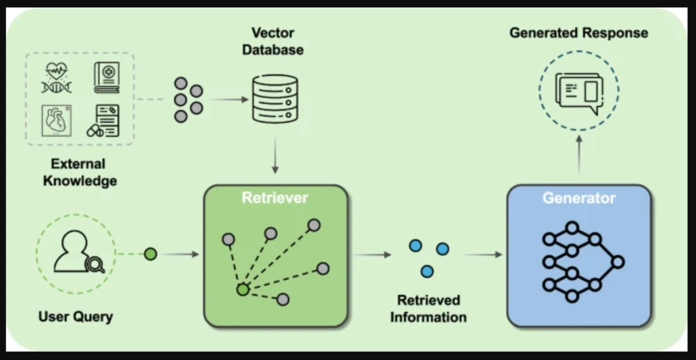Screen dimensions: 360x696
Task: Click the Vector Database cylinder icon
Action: click(275, 99)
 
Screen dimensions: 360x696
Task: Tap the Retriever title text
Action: click(275, 198)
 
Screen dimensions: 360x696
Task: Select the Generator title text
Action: click(578, 198)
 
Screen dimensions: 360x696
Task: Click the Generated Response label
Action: click(579, 33)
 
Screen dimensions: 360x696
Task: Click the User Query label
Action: click(75, 317)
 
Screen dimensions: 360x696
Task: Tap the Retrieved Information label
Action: click(428, 308)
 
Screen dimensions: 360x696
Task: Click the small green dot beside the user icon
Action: click(151, 254)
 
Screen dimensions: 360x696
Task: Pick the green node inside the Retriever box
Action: click(241, 290)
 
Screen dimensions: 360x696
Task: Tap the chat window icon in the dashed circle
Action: click(579, 92)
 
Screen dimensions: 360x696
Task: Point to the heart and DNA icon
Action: click(57, 77)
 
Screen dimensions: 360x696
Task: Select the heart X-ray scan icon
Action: click(57, 121)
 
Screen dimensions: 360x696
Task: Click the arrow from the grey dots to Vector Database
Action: click(228, 100)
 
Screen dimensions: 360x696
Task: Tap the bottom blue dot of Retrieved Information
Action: click(427, 271)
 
